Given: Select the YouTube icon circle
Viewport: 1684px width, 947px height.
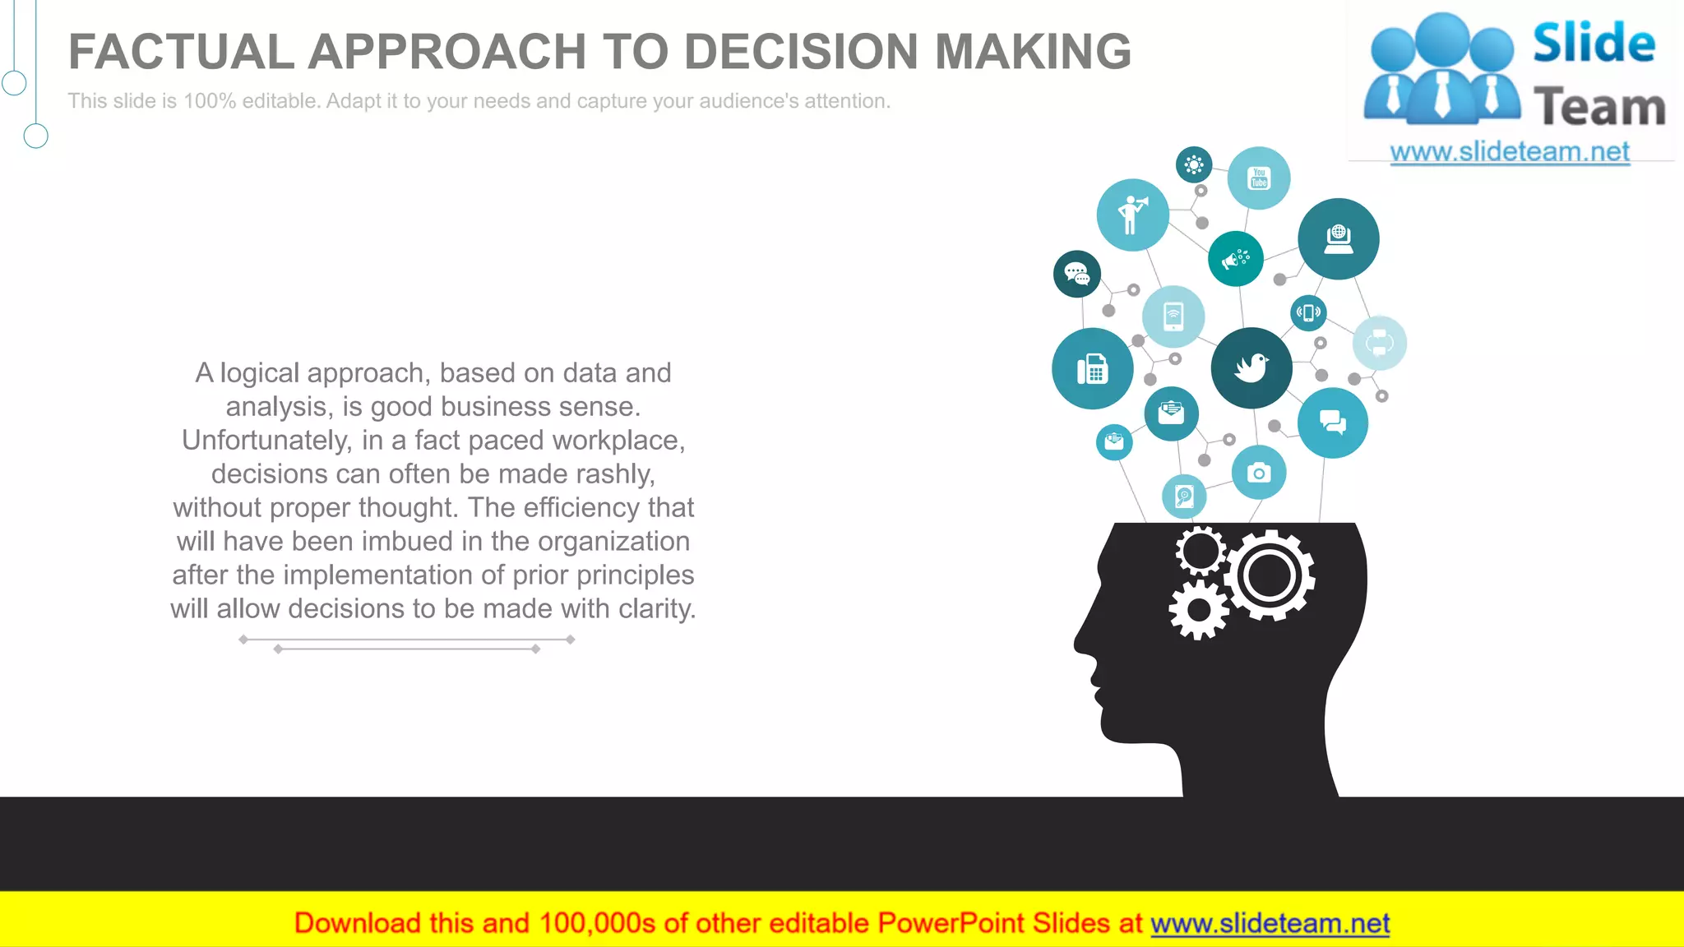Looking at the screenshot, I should pos(1259,178).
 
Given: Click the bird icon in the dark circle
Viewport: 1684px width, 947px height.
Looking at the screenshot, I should pos(1251,367).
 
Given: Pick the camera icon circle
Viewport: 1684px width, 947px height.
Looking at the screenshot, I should pos(1259,473).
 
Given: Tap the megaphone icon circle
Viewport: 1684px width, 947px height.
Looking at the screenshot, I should pos(1235,259).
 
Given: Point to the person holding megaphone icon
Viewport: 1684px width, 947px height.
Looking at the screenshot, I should pos(1132,215).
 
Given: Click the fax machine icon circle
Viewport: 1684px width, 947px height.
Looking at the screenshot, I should pos(1093,368).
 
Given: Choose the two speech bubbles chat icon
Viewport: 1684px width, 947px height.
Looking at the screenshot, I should pos(1332,423).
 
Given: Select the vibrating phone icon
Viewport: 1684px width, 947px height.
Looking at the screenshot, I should pos(1308,313).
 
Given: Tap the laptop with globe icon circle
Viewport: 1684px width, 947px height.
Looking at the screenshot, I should pos(1339,238).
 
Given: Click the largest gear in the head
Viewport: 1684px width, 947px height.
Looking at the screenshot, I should pos(1270,575).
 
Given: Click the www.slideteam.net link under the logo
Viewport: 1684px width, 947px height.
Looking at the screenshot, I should pos(1510,152).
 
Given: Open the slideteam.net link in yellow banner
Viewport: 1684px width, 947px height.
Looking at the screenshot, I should pos(1270,923).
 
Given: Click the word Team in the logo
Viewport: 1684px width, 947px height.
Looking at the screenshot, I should pos(1599,108).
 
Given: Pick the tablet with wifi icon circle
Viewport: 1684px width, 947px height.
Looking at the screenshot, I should pos(1173,316).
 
